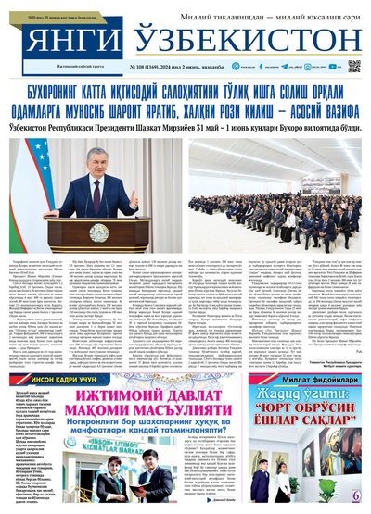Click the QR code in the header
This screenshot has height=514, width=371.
coord(353,67)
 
